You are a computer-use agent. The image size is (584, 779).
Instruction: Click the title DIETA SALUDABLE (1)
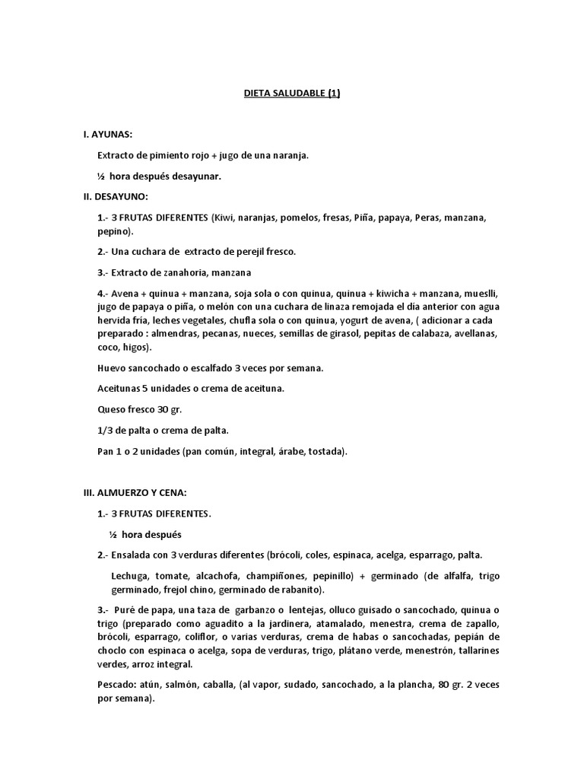(x=292, y=94)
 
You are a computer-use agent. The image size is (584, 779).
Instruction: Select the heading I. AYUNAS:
(x=107, y=134)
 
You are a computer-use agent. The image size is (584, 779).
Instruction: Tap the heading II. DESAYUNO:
(x=116, y=197)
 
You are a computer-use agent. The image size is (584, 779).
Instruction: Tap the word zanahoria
(x=178, y=272)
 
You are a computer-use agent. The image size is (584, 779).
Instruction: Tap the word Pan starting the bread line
(x=106, y=451)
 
